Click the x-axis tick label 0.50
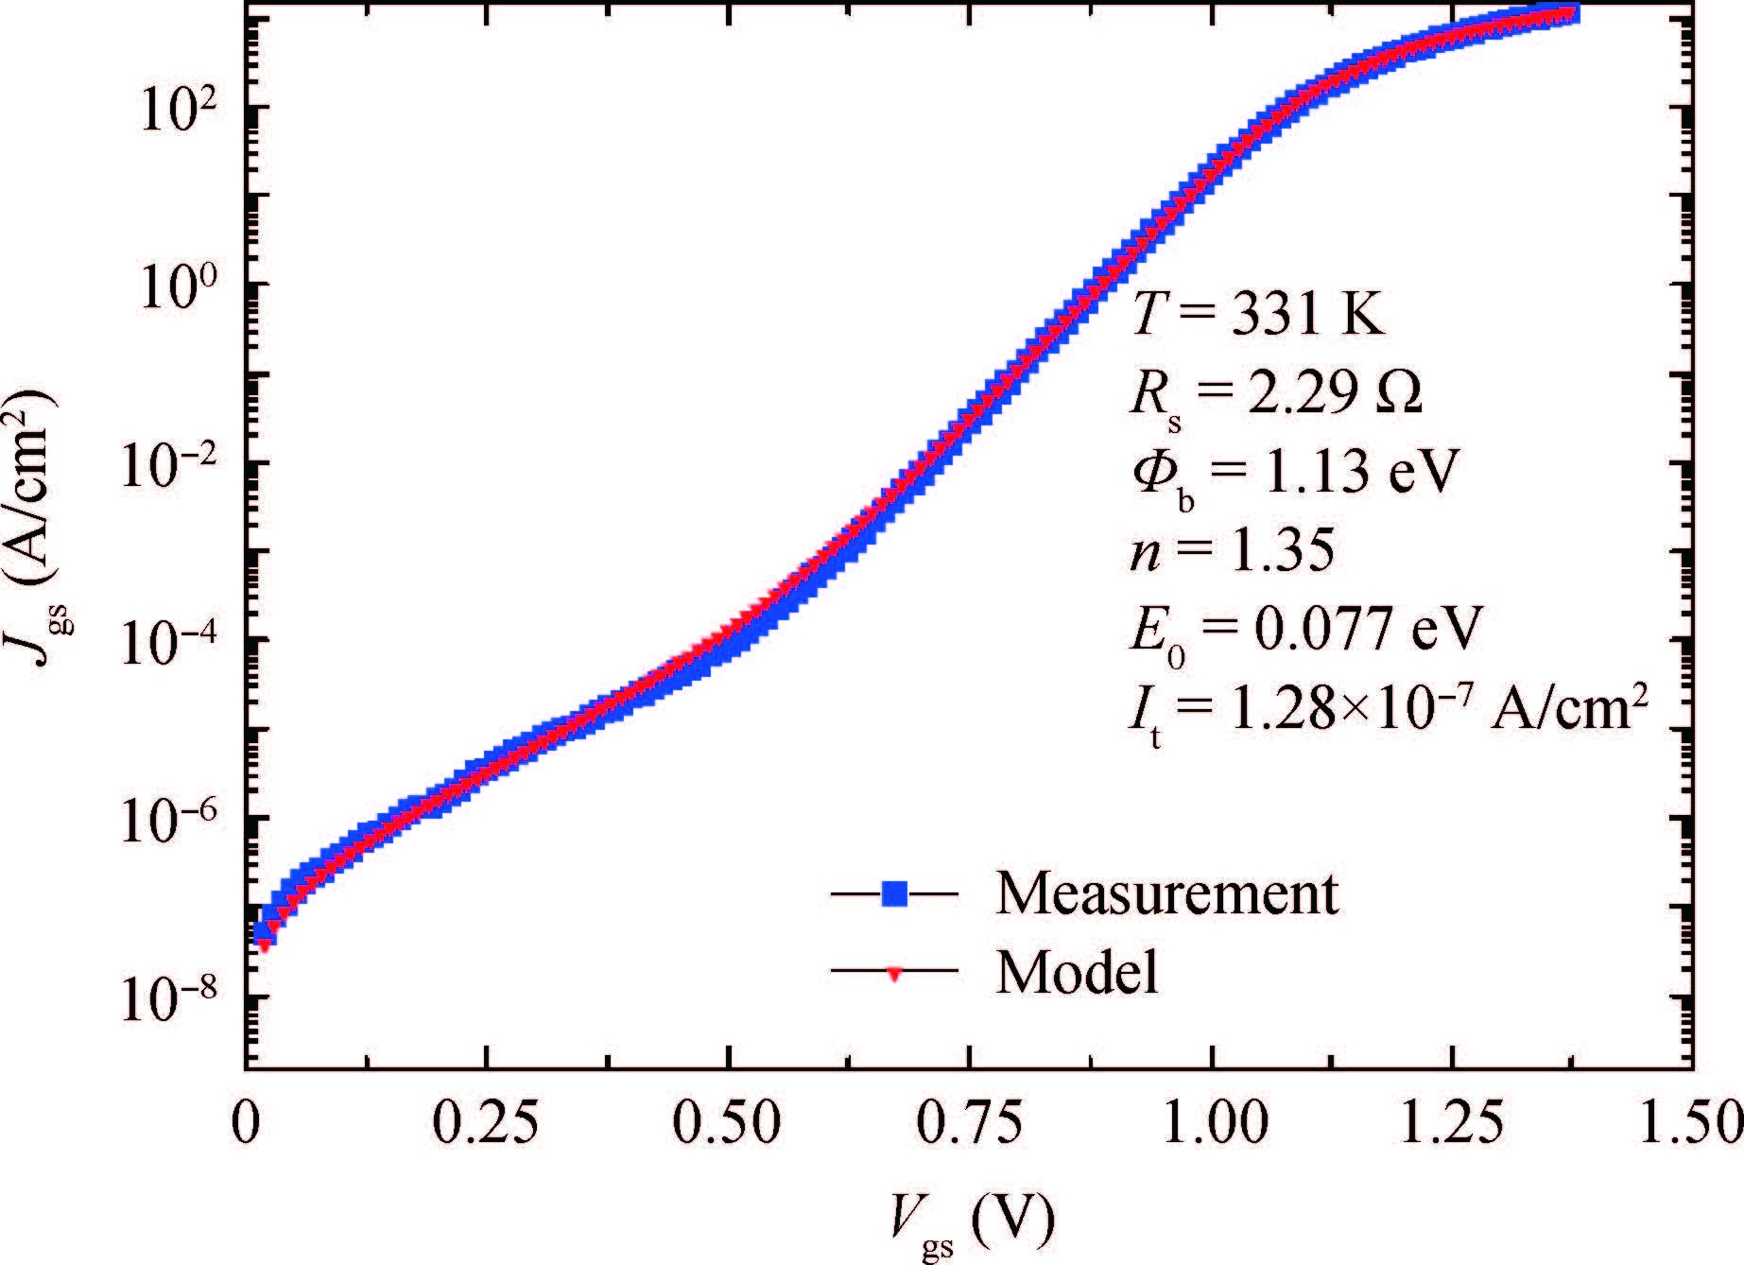pos(729,1123)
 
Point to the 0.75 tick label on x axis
pos(970,1123)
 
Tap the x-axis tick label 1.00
pos(1211,1123)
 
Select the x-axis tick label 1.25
pos(1452,1123)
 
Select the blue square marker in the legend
pos(894,893)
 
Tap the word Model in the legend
pos(1077,972)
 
